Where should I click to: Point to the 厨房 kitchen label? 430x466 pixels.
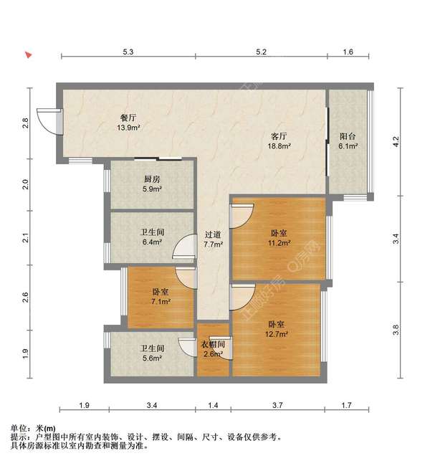tap(150, 184)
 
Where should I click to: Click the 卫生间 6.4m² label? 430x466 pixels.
tap(151, 237)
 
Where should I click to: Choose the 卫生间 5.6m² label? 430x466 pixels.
tap(151, 353)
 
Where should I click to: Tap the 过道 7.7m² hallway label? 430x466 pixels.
tap(212, 239)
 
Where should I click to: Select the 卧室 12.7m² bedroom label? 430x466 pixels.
tap(278, 328)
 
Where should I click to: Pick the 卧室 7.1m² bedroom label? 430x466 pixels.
tap(161, 297)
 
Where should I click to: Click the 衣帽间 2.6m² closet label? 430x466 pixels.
tap(213, 348)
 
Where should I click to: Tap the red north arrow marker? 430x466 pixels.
tap(28, 54)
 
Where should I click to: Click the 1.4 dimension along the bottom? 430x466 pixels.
tap(213, 406)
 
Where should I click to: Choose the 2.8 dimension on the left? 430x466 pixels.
tap(25, 122)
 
